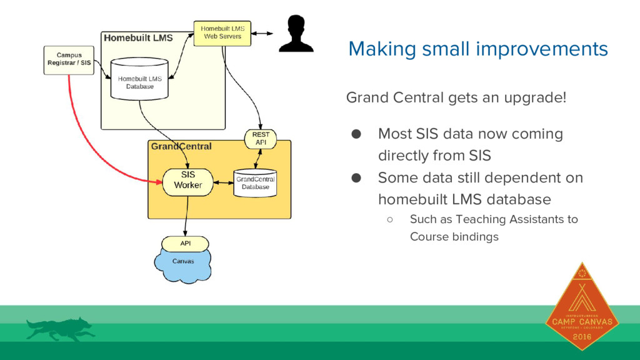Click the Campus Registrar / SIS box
pyautogui.click(x=69, y=59)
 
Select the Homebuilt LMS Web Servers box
pyautogui.click(x=222, y=32)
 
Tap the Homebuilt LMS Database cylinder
pyautogui.click(x=139, y=79)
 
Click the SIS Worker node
pyautogui.click(x=187, y=181)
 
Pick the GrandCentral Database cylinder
pyautogui.click(x=255, y=182)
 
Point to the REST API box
pyautogui.click(x=260, y=139)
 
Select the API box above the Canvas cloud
pyautogui.click(x=186, y=243)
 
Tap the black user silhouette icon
pyautogui.click(x=296, y=34)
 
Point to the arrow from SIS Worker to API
pyautogui.click(x=186, y=216)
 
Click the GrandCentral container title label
pyautogui.click(x=181, y=146)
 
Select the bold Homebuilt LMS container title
pyautogui.click(x=138, y=37)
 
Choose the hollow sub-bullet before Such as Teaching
pyautogui.click(x=389, y=219)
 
